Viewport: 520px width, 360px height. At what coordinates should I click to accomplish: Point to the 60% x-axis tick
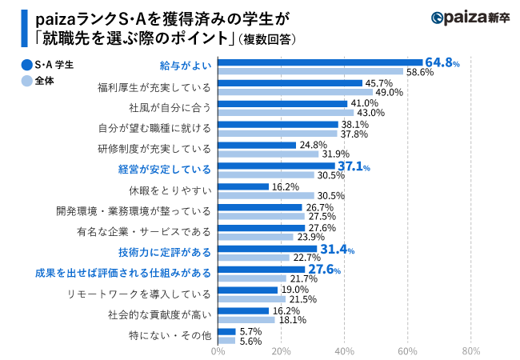[408, 350]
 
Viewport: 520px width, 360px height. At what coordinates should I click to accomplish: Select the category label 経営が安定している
[165, 170]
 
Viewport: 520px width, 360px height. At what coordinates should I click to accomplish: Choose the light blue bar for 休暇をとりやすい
[266, 195]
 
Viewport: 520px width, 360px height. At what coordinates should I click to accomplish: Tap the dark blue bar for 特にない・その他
[226, 330]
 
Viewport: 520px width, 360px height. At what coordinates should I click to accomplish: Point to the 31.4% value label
[338, 250]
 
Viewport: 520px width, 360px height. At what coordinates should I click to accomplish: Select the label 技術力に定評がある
[165, 253]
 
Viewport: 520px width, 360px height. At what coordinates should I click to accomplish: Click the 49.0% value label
[389, 92]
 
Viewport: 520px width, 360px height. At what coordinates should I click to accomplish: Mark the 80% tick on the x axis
[471, 350]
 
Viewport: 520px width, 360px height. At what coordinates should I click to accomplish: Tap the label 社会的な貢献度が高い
[160, 315]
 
